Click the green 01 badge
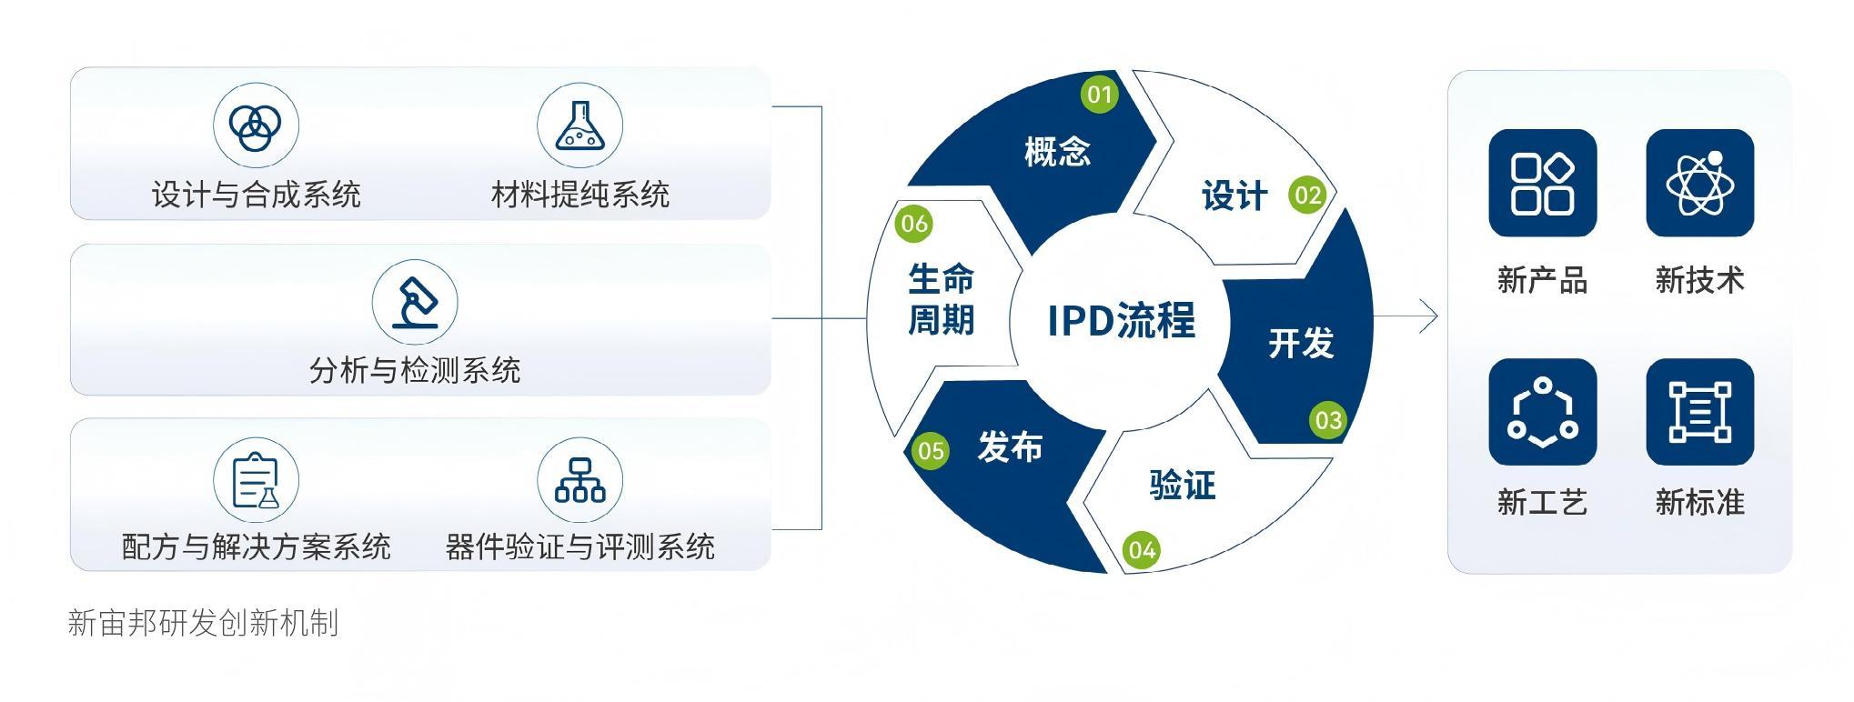[x=1099, y=94]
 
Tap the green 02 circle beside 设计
[x=1307, y=195]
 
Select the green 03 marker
[x=1328, y=420]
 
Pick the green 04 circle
[x=1142, y=549]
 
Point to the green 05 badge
[x=930, y=450]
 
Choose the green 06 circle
[x=913, y=224]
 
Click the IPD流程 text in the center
[x=1121, y=320]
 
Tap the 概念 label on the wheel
[x=1057, y=151]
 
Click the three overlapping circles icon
[x=256, y=125]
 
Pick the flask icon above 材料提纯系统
[x=579, y=125]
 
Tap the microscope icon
[x=415, y=302]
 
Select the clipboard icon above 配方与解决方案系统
[x=256, y=480]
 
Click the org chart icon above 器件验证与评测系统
[x=579, y=480]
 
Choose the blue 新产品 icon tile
[x=1542, y=183]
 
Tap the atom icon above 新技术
[x=1699, y=183]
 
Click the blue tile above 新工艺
[x=1542, y=412]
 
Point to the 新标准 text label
[x=1699, y=502]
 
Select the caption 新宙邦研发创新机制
[x=203, y=623]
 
